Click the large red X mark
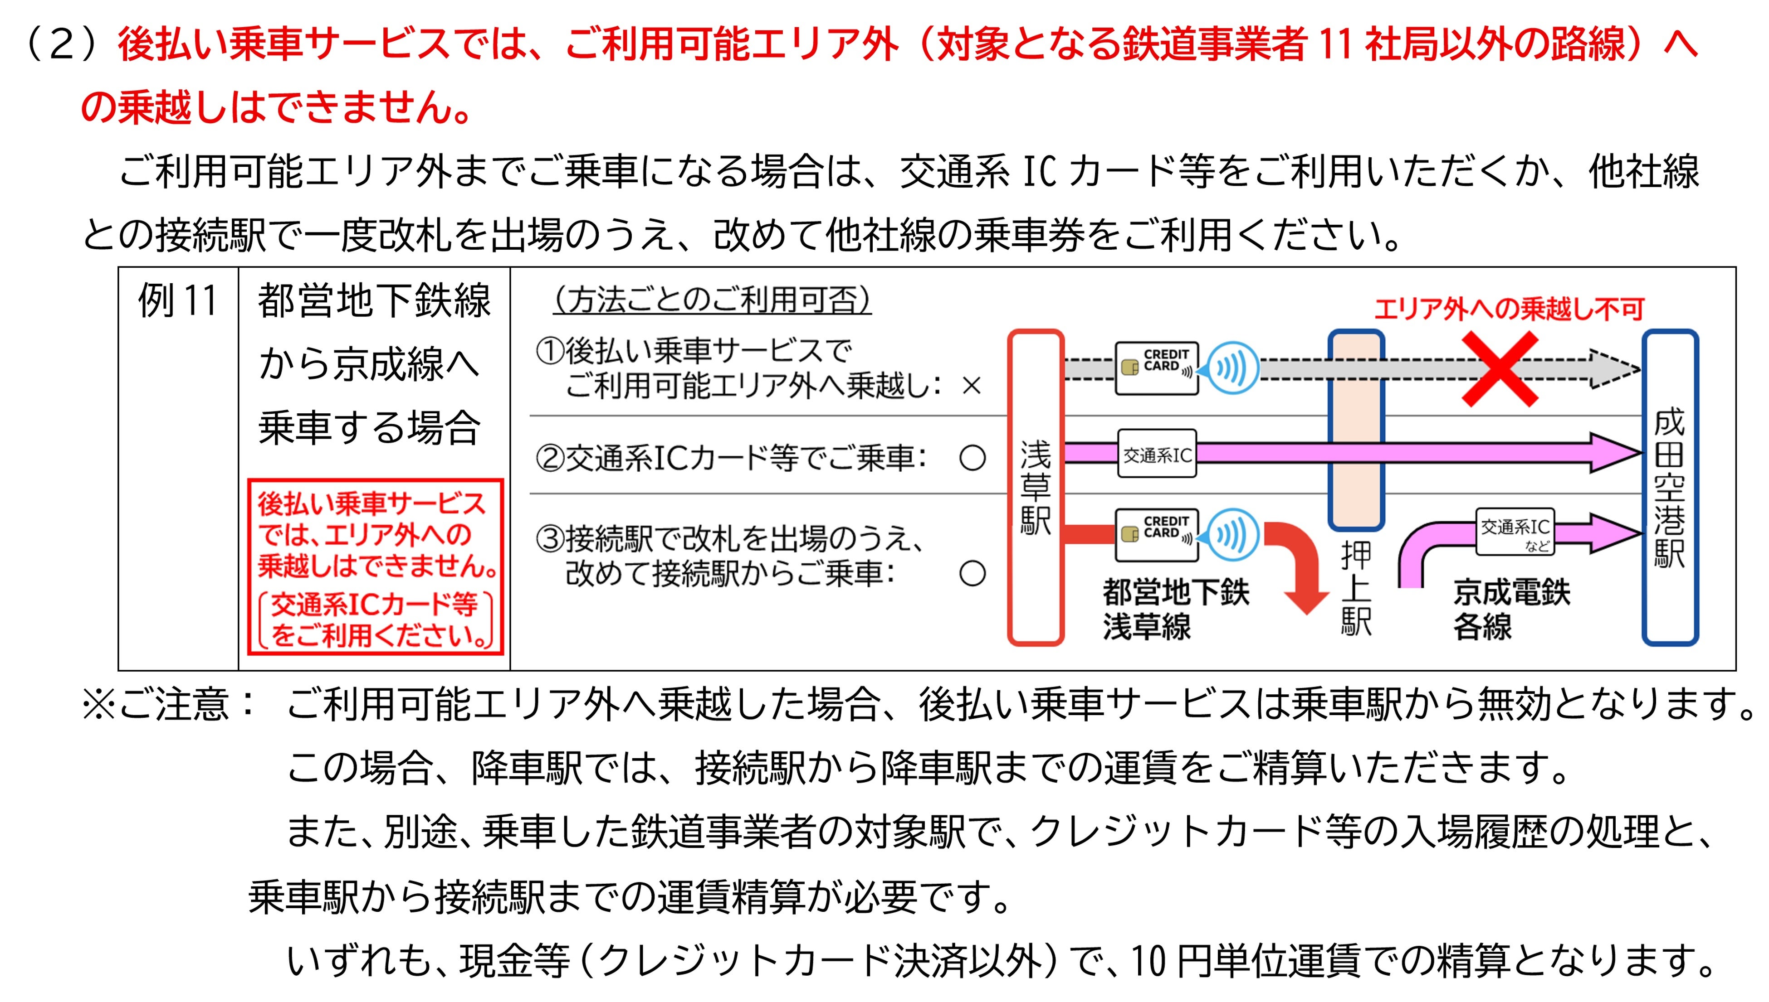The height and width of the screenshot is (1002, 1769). [1499, 369]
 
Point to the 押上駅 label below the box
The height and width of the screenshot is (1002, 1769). [1356, 588]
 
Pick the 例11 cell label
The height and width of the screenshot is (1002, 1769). [178, 301]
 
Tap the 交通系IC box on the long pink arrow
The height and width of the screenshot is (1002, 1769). [1157, 454]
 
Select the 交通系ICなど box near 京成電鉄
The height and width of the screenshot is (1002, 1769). [1515, 531]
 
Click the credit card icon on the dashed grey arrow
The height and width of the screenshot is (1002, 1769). [1157, 368]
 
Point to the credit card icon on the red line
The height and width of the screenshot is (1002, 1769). [1157, 535]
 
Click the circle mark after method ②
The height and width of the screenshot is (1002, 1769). [972, 458]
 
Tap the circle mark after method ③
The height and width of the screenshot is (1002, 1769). [972, 573]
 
